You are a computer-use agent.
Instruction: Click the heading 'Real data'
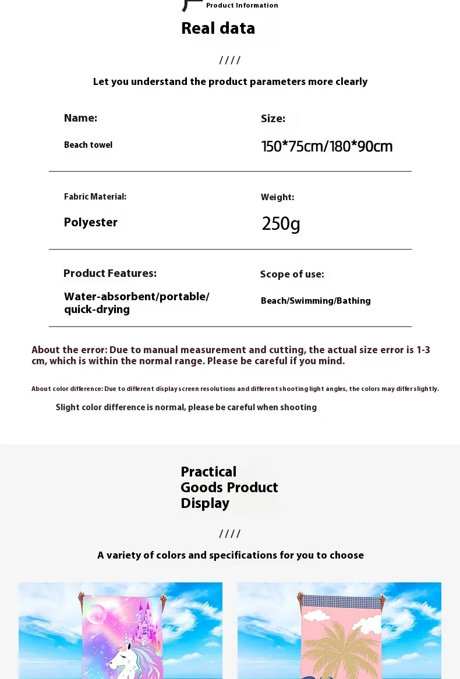pyautogui.click(x=218, y=28)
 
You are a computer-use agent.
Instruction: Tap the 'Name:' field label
pyautogui.click(x=80, y=118)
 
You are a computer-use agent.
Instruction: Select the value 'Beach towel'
pyautogui.click(x=88, y=145)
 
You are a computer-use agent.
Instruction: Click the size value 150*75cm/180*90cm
pyautogui.click(x=327, y=147)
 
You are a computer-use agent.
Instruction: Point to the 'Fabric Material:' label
pyautogui.click(x=95, y=197)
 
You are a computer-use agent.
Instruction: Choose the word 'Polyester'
pyautogui.click(x=90, y=222)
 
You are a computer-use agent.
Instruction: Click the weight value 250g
pyautogui.click(x=281, y=223)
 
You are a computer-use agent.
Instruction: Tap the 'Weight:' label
pyautogui.click(x=277, y=197)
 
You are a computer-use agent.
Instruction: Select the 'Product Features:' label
pyautogui.click(x=109, y=273)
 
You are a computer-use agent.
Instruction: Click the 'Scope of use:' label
pyautogui.click(x=292, y=274)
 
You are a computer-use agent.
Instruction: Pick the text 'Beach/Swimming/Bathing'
pyautogui.click(x=316, y=301)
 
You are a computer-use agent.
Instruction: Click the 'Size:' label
pyautogui.click(x=273, y=119)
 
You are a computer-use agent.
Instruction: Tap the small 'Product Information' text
pyautogui.click(x=242, y=5)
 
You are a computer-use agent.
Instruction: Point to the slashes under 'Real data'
pyautogui.click(x=229, y=60)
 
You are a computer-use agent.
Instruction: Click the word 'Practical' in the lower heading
pyautogui.click(x=208, y=472)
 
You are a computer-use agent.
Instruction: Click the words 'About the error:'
pyautogui.click(x=69, y=350)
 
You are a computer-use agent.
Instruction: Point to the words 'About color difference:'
pyautogui.click(x=67, y=389)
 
